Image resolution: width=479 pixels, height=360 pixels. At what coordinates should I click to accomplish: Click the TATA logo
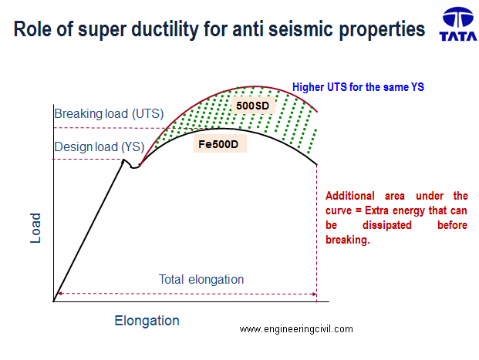[x=457, y=24]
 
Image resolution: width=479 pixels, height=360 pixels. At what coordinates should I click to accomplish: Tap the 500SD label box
[x=253, y=106]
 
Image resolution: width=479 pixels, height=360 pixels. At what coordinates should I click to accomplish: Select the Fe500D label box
[x=220, y=144]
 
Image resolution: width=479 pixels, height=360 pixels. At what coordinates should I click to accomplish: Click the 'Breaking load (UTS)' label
[x=109, y=113]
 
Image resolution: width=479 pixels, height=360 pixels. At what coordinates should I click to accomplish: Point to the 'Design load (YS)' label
[x=100, y=147]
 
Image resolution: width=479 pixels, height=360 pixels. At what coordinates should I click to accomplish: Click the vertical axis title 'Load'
[x=35, y=228]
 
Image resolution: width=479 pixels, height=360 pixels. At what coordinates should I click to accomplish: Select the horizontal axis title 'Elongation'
[x=147, y=321]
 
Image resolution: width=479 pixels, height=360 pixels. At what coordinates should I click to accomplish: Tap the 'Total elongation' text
[x=201, y=279]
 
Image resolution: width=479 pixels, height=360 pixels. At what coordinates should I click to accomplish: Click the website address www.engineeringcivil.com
[x=296, y=329]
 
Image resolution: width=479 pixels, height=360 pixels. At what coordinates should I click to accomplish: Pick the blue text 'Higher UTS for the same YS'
[x=359, y=87]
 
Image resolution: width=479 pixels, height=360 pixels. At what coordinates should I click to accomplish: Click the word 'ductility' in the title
[x=165, y=29]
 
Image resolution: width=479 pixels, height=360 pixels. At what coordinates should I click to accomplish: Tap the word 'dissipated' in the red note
[x=387, y=225]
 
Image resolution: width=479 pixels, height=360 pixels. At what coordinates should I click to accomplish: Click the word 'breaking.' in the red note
[x=348, y=240]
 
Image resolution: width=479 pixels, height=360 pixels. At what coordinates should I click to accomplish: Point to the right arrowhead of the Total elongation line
[x=315, y=294]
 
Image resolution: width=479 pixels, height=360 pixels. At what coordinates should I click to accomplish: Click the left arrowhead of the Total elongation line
[x=59, y=294]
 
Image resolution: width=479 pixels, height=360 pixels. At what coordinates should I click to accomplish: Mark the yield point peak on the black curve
[x=123, y=160]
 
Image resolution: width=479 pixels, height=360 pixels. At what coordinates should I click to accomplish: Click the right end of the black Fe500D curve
[x=317, y=164]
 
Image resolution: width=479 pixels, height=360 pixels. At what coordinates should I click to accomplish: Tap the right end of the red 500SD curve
[x=317, y=112]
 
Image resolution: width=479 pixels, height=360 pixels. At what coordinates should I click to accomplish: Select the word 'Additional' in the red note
[x=350, y=196]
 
